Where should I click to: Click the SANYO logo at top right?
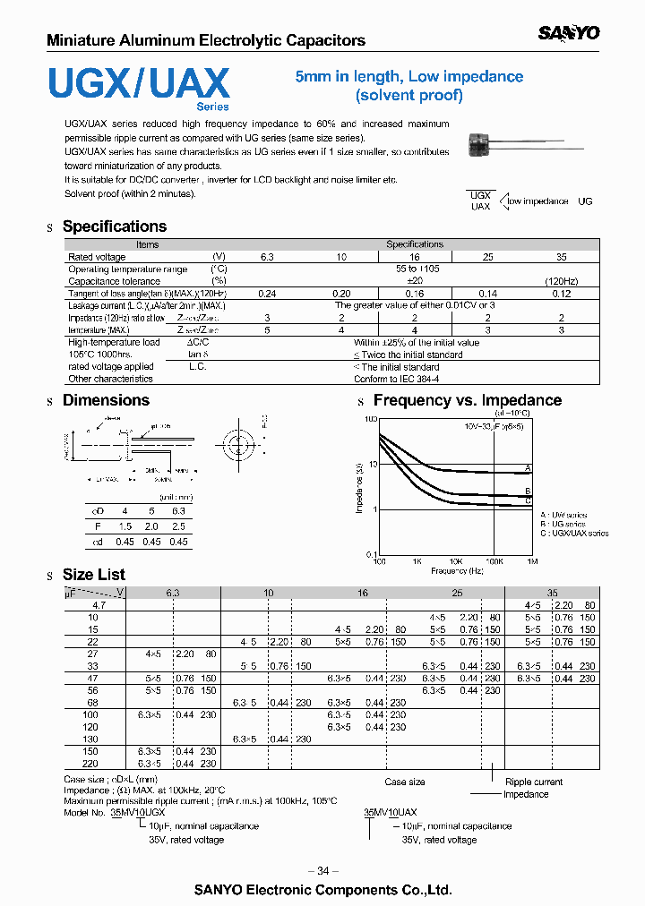(569, 33)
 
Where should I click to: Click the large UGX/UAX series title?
(139, 84)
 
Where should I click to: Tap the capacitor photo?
(485, 141)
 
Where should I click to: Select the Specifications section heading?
(114, 226)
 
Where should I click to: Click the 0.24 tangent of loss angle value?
(266, 294)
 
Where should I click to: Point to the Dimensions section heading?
(106, 400)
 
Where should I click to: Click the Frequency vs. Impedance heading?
(467, 400)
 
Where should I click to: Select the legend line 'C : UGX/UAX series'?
(574, 534)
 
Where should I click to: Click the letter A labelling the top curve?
(528, 468)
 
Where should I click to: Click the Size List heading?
(93, 575)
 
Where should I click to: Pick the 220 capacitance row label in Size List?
(89, 764)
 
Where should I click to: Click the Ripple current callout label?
(534, 782)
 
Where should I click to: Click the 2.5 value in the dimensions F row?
(178, 528)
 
